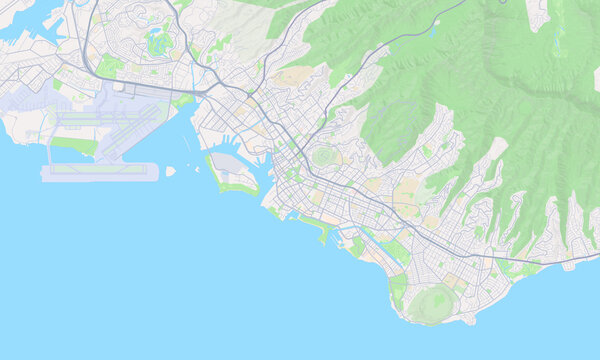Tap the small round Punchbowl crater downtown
(x=322, y=158)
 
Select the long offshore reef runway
(x=100, y=172)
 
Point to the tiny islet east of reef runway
(x=170, y=171)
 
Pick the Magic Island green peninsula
(x=322, y=234)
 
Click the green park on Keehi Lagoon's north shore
(x=181, y=101)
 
